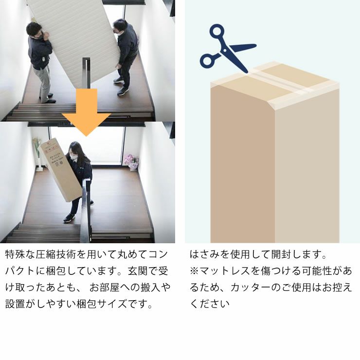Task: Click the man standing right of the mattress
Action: coord(126,56)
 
